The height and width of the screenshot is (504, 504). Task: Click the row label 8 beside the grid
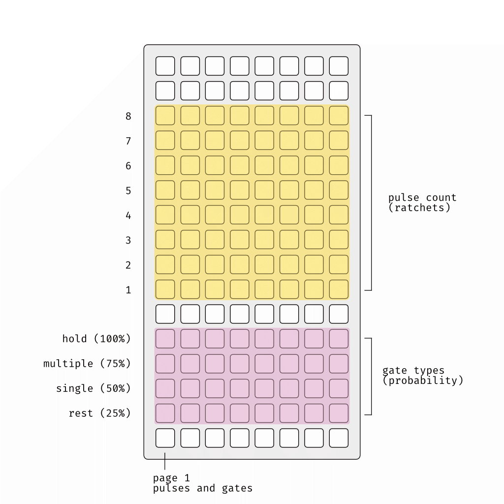point(128,116)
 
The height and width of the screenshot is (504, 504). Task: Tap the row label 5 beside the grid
point(128,190)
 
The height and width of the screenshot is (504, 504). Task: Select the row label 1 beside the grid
point(128,290)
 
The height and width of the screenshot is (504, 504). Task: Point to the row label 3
point(128,240)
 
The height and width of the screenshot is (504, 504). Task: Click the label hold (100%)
point(96,339)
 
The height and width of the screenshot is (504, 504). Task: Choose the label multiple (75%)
point(87,364)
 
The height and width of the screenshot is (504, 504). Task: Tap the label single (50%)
point(94,388)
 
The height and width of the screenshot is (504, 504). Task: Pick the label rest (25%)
point(99,413)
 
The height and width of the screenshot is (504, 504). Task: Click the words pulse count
point(422,198)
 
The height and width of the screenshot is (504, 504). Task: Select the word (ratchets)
point(419,208)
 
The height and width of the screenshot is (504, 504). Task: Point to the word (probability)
point(423,380)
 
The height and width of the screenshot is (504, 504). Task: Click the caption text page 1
point(171,478)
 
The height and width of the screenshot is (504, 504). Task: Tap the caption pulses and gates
point(203,489)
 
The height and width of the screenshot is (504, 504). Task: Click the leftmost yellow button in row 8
point(165,115)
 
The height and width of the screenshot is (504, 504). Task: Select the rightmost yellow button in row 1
point(339,289)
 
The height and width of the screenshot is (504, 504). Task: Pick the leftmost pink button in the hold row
point(165,339)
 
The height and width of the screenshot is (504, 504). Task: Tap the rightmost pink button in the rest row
point(339,413)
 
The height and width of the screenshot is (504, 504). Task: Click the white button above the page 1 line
point(165,438)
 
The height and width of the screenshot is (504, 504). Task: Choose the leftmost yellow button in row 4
point(165,215)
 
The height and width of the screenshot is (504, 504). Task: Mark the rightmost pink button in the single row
point(339,388)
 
